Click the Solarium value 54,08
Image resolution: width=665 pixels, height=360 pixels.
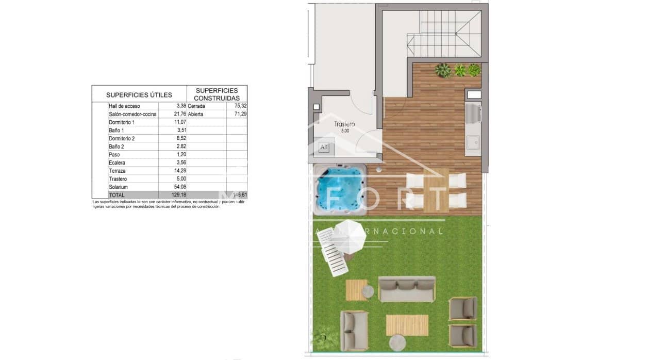(x=178, y=187)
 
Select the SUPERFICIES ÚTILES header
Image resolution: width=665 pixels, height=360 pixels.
(x=139, y=95)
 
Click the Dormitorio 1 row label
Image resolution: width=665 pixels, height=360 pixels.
(x=122, y=122)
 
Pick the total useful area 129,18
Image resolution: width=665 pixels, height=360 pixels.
(x=176, y=195)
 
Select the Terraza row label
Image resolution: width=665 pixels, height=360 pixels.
(x=117, y=171)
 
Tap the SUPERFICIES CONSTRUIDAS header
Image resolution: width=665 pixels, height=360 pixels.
(x=217, y=94)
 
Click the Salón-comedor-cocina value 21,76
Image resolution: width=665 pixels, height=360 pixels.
(x=178, y=114)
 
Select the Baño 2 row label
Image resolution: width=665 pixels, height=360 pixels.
(x=117, y=146)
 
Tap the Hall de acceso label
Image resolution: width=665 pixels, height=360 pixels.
(x=124, y=106)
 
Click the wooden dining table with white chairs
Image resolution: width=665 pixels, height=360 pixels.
(x=436, y=190)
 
